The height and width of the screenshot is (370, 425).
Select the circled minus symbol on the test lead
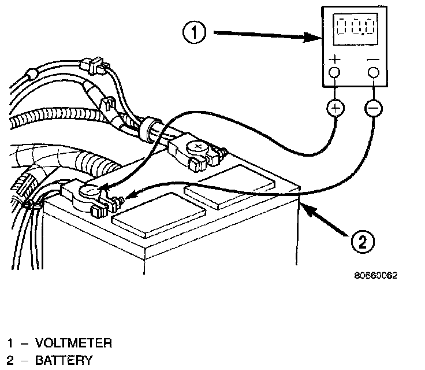(374, 108)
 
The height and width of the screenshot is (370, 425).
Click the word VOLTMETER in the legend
(74, 343)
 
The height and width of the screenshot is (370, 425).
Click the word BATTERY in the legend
(63, 361)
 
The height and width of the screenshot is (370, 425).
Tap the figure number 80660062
(376, 276)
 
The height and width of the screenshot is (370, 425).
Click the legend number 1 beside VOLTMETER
(10, 343)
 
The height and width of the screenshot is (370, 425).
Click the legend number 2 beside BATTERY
(10, 361)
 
